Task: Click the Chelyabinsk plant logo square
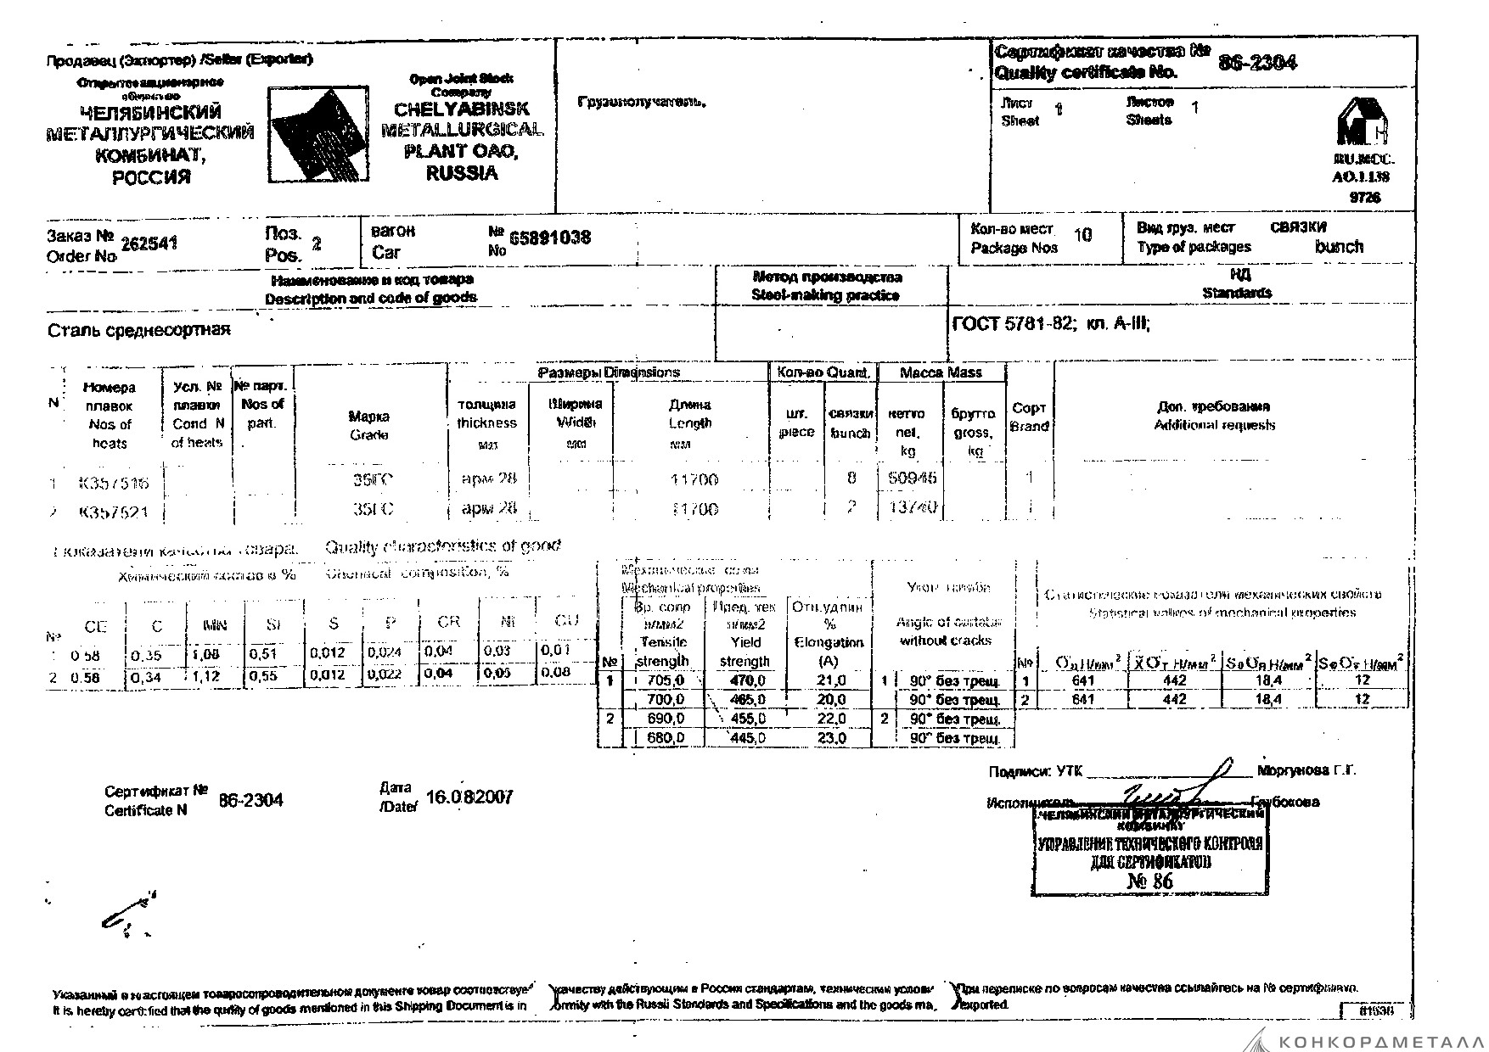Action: point(319,134)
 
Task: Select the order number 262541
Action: point(149,244)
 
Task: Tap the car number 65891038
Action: point(550,238)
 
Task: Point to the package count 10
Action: point(1082,235)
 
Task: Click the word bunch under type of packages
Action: point(1339,247)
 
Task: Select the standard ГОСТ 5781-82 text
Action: point(1014,323)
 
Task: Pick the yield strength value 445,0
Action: point(748,738)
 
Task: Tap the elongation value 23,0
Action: point(831,738)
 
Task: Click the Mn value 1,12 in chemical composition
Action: point(205,676)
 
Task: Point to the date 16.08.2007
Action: point(469,797)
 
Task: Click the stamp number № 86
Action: point(1150,881)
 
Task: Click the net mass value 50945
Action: point(912,478)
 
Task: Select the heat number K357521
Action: point(113,512)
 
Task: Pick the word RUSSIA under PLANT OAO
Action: point(462,174)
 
